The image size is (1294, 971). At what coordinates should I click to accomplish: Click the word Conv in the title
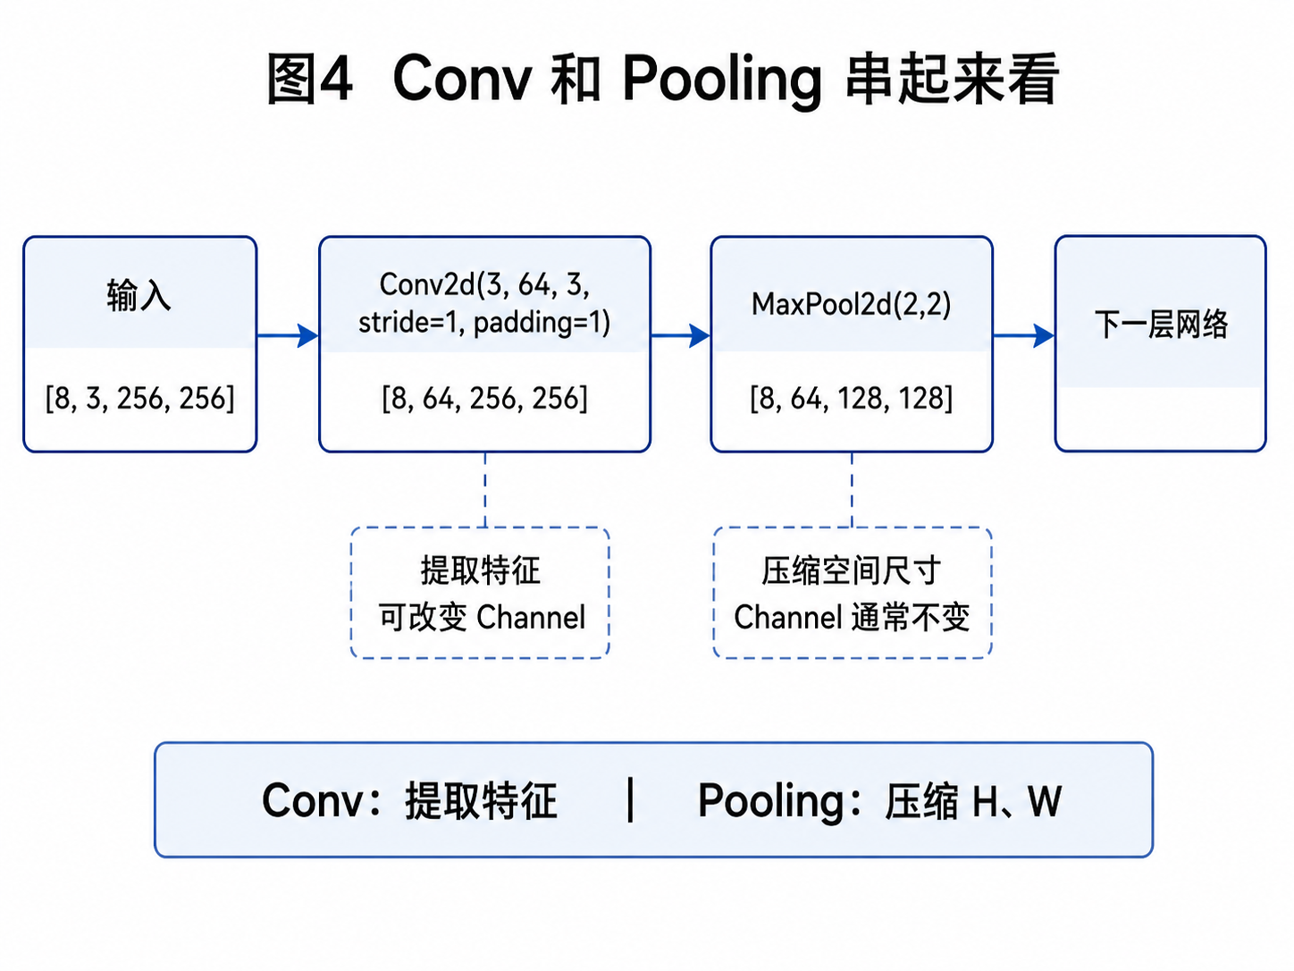click(x=462, y=78)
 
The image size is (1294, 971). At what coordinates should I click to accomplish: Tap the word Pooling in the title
click(x=721, y=81)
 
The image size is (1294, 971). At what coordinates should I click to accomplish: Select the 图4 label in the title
click(x=309, y=79)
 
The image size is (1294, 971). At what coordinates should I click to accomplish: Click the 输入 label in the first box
click(x=139, y=295)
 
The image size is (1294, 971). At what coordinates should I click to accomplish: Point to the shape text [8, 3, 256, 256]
click(x=140, y=399)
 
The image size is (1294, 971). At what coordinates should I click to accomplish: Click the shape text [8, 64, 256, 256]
click(x=484, y=399)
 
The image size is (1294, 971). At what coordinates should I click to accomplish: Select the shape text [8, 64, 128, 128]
click(x=852, y=399)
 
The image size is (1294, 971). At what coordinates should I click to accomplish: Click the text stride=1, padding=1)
click(x=484, y=323)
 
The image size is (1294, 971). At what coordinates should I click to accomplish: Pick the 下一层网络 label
click(x=1161, y=325)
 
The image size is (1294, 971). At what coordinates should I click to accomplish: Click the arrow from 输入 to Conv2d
click(x=288, y=335)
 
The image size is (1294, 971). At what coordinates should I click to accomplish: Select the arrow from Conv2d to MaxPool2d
click(x=681, y=335)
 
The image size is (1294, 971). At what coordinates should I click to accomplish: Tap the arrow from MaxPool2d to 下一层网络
click(x=1024, y=335)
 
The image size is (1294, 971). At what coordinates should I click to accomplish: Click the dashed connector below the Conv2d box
click(x=485, y=490)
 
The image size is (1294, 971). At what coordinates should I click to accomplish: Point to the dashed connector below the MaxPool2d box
click(x=852, y=490)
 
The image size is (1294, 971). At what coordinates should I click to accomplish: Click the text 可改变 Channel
click(x=482, y=618)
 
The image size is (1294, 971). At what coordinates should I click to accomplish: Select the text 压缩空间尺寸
click(x=852, y=570)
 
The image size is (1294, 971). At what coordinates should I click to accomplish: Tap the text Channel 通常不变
click(x=852, y=618)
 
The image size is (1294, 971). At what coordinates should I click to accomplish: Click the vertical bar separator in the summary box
click(x=631, y=799)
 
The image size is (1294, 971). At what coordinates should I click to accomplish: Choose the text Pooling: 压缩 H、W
click(x=880, y=801)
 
